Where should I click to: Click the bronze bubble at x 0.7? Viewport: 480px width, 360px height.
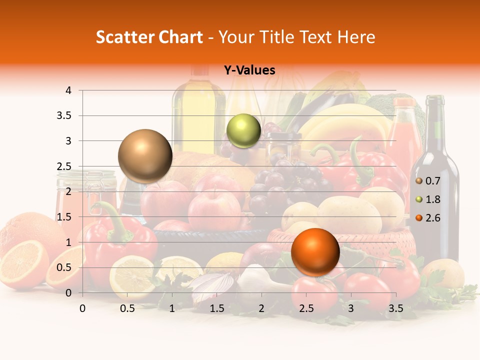pos(145,156)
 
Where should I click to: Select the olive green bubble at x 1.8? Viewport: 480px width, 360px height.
pos(243,131)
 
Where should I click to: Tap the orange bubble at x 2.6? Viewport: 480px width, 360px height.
pos(315,252)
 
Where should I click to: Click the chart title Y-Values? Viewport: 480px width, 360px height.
pos(249,70)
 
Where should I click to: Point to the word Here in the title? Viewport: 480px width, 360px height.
pos(356,37)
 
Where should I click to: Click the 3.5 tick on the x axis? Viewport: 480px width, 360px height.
pos(395,308)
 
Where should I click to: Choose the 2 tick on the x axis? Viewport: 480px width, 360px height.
pos(261,308)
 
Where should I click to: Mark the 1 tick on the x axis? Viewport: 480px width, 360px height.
pos(172,308)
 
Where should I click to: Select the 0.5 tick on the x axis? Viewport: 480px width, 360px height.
pos(127,308)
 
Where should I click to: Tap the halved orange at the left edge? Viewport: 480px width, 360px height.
pos(22,265)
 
